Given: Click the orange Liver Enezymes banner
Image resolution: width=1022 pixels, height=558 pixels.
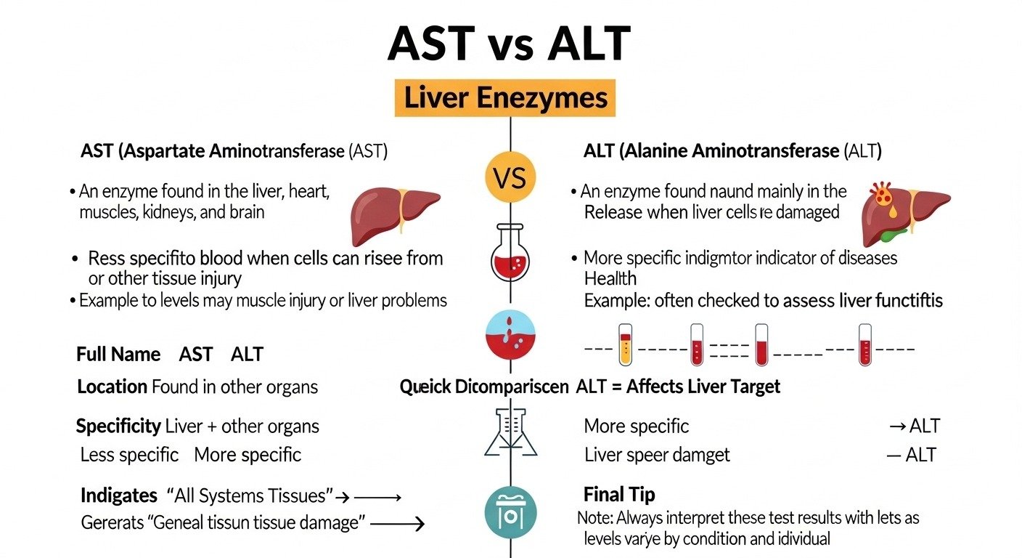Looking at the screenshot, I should point(505,98).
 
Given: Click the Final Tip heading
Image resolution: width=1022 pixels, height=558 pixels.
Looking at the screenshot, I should point(619,495).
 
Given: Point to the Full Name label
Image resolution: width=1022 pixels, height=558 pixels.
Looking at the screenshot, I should point(118,355).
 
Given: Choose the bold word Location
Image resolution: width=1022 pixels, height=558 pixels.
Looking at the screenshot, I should point(112,387).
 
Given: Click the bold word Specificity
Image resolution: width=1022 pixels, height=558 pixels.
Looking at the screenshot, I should point(118,426).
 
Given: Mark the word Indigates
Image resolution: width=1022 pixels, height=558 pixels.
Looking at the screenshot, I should point(118,496).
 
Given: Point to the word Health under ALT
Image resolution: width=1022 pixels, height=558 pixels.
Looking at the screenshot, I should point(610,278).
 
